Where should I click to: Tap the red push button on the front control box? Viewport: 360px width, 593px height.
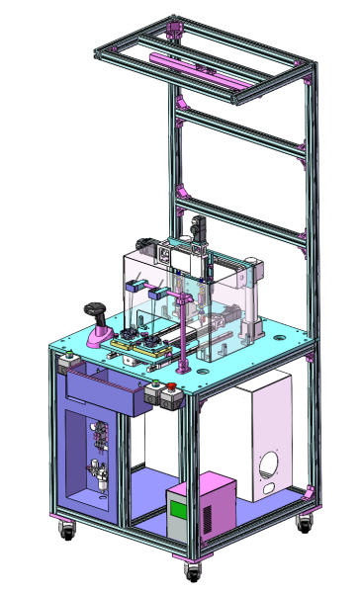pos(170,386)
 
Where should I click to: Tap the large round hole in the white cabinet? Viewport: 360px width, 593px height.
pos(270,464)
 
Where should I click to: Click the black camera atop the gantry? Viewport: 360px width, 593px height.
pos(198,226)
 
